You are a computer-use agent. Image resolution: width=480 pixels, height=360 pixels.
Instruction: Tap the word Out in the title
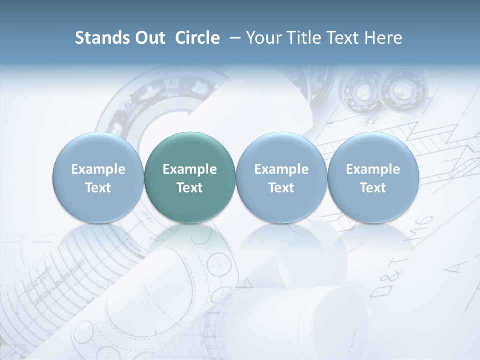click(149, 38)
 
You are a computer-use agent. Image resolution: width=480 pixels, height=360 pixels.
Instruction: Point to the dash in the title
click(233, 38)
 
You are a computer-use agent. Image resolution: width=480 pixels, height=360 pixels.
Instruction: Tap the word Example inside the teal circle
click(190, 169)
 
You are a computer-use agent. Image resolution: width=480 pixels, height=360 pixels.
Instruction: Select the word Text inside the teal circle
click(190, 188)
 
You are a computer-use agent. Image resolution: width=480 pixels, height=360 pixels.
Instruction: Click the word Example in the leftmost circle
click(98, 169)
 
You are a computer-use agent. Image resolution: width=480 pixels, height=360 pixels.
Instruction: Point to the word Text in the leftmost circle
click(98, 188)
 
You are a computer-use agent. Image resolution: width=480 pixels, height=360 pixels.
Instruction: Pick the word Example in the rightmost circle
click(373, 169)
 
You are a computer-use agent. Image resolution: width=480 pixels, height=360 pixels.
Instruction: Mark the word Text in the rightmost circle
click(373, 188)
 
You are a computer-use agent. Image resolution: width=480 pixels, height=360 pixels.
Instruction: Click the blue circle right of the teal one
click(281, 178)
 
